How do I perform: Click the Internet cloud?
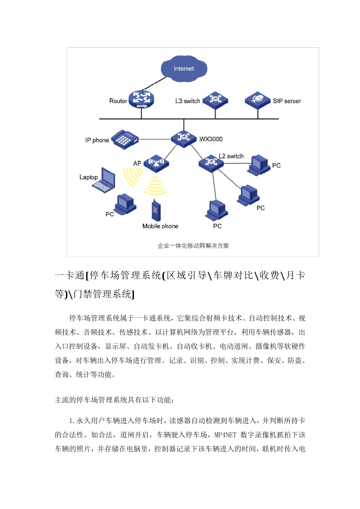click(184, 69)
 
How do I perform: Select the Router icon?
click(141, 99)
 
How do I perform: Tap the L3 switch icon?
click(215, 100)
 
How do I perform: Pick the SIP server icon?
click(257, 100)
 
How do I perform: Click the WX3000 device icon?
click(184, 138)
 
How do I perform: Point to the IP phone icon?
click(124, 139)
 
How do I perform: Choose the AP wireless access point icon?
click(156, 163)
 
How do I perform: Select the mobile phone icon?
click(156, 211)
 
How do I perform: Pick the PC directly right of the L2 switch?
click(260, 165)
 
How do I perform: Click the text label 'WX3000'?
click(211, 139)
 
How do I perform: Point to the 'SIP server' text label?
click(287, 101)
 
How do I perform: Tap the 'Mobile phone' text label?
click(160, 226)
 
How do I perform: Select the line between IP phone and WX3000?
click(155, 139)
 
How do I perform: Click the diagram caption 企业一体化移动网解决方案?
click(193, 246)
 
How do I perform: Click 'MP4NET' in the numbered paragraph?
click(225, 435)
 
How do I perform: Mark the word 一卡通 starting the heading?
click(70, 275)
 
